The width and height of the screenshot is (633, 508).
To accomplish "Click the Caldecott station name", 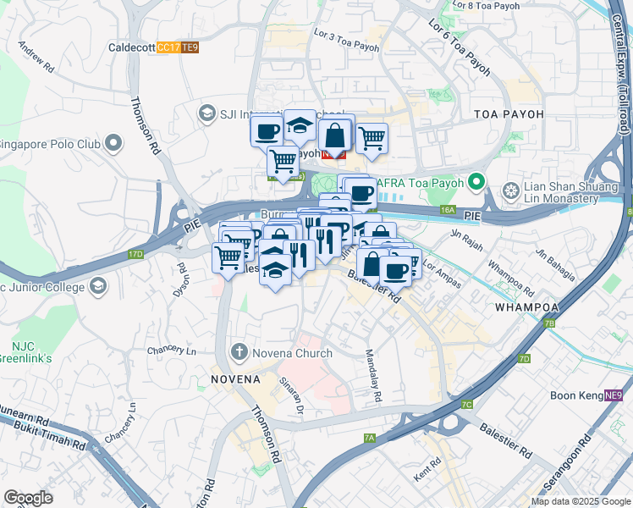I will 131,47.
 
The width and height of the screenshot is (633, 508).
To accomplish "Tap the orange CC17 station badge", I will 168,47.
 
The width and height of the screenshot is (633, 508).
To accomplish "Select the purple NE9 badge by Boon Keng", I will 614,395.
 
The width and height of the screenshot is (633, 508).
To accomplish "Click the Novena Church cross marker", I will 239,351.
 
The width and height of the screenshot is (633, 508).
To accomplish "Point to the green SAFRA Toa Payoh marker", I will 477,182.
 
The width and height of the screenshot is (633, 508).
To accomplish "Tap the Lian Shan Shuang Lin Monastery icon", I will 510,190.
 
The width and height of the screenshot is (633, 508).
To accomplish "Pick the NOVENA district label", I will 236,378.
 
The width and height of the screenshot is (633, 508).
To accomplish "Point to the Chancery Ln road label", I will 171,351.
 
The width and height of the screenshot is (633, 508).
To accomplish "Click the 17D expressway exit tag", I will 135,253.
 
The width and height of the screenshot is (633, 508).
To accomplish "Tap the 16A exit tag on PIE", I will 448,210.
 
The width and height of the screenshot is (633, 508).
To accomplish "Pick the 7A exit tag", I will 369,438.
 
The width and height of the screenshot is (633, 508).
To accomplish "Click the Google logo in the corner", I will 28,498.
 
